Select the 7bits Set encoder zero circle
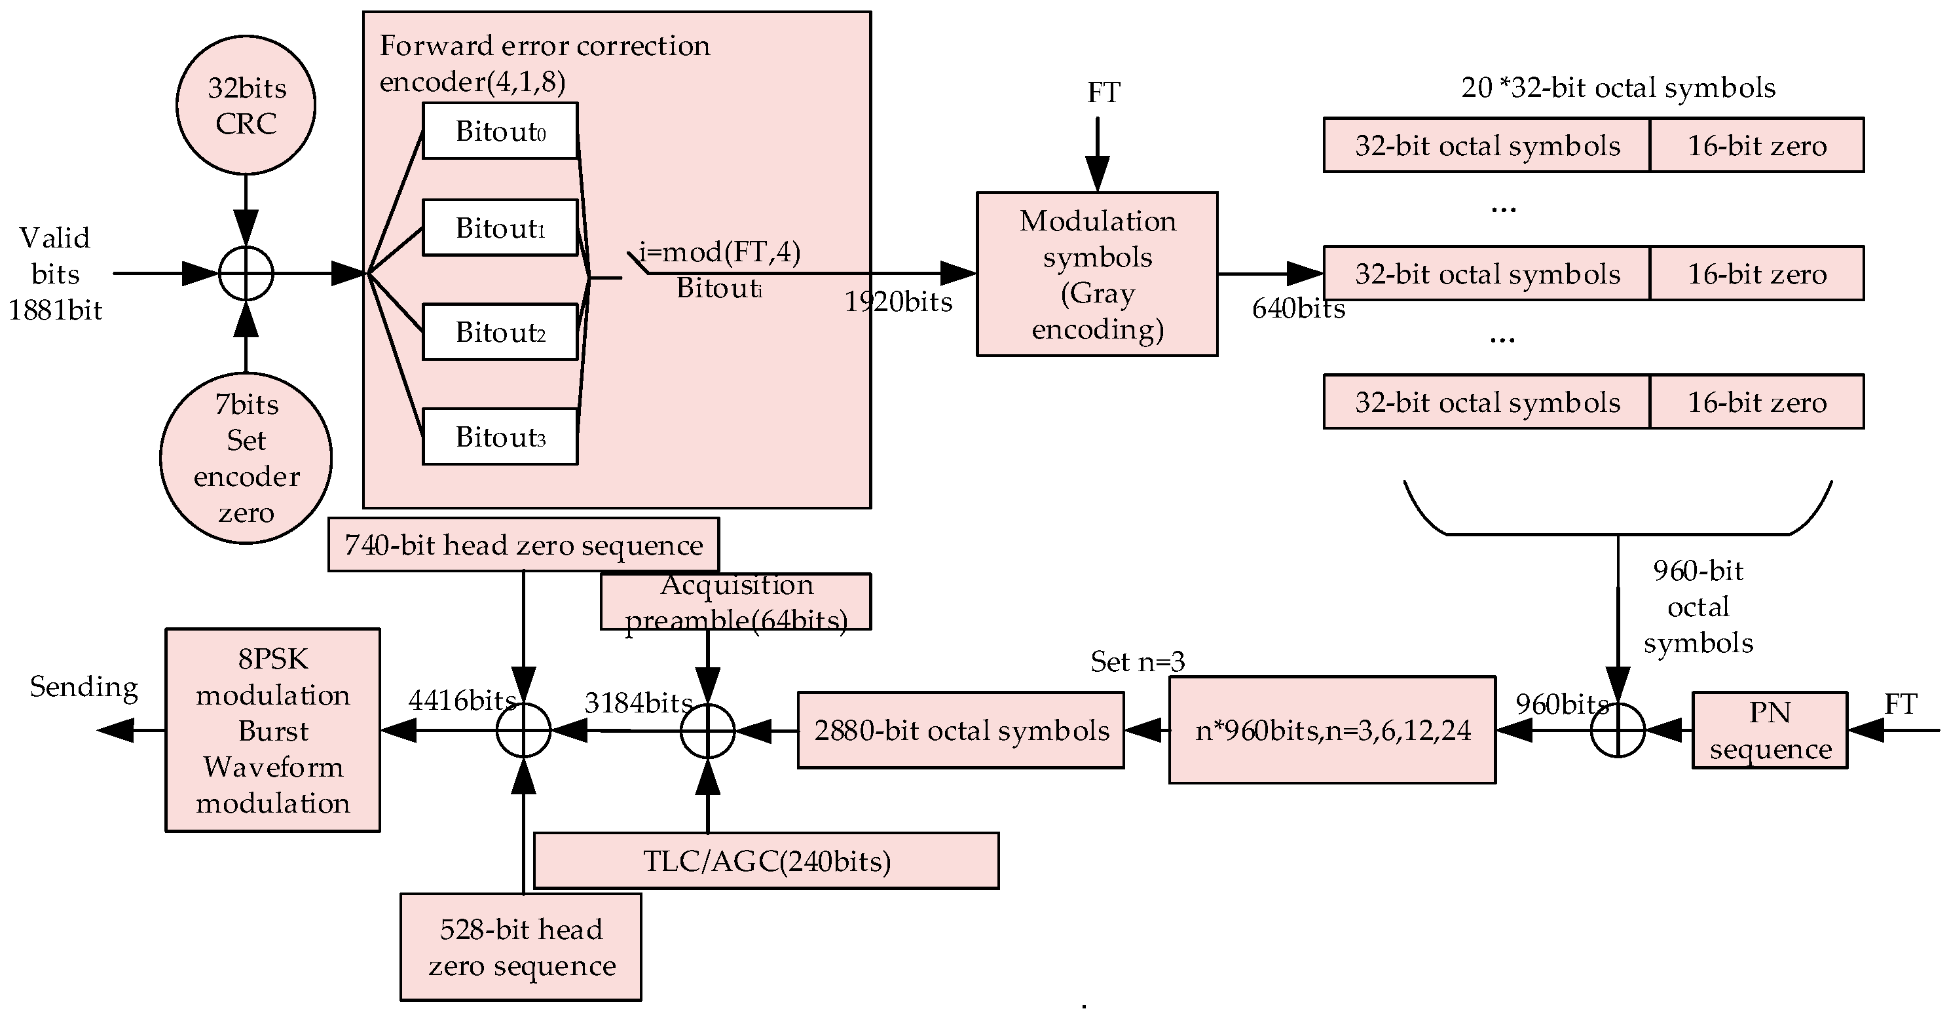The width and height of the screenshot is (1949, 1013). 246,458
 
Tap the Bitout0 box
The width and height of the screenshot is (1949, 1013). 499,131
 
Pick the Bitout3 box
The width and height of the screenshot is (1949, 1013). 499,437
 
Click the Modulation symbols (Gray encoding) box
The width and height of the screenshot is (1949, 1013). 1097,274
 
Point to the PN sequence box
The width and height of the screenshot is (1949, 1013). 1770,730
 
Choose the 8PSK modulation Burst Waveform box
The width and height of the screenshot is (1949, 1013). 272,730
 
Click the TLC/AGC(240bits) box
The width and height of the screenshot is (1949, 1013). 766,861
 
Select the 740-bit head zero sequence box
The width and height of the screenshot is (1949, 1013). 523,545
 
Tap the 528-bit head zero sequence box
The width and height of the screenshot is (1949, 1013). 521,947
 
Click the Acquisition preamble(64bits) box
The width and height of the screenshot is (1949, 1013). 735,601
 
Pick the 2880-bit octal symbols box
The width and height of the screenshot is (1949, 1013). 960,730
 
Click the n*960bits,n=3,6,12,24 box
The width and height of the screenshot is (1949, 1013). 1332,730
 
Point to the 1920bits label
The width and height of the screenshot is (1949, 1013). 898,302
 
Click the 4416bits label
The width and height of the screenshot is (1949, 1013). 462,700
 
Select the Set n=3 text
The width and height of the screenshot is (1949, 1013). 1137,662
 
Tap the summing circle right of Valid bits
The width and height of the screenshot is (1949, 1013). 246,273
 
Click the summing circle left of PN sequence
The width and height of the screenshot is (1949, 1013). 1618,730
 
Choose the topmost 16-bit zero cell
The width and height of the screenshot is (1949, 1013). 1756,145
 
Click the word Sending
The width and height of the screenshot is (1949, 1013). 83,687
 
